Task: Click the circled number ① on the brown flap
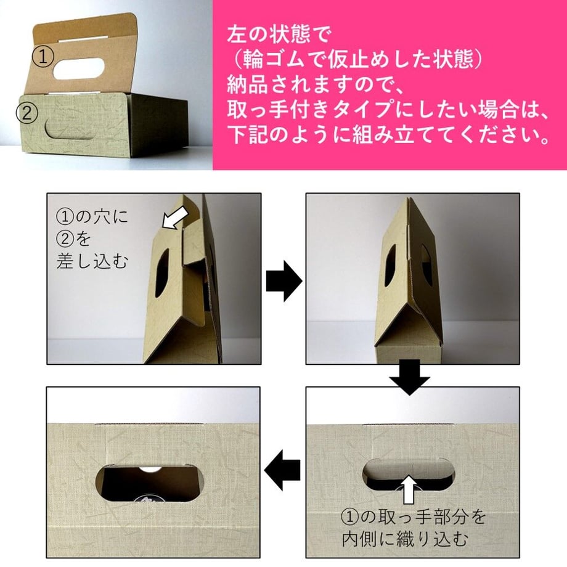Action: click(x=43, y=57)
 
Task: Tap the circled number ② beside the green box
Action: click(x=27, y=113)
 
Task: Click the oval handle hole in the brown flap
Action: click(x=79, y=68)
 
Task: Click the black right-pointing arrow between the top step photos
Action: click(x=284, y=280)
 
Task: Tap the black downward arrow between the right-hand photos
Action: click(x=410, y=377)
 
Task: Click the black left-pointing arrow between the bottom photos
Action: click(x=282, y=470)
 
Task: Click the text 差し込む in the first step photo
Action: click(x=92, y=261)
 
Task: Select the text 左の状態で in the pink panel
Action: click(x=279, y=35)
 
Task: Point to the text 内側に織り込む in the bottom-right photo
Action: click(x=406, y=539)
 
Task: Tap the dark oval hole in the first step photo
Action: click(x=162, y=273)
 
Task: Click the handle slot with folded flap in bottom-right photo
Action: click(x=409, y=474)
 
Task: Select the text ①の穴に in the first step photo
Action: click(x=92, y=216)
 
